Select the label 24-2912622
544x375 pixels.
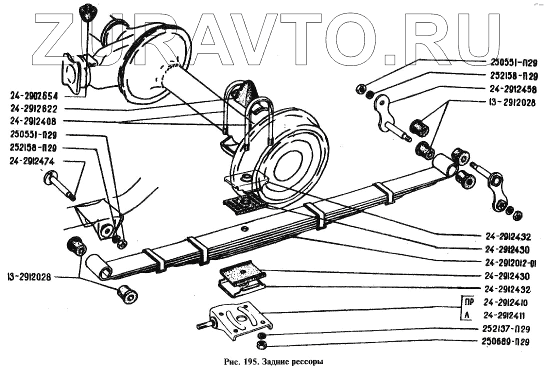33,108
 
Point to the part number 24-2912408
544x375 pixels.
33,121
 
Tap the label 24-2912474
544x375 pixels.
31,161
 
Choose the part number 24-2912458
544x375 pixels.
513,90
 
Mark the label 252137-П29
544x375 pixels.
509,328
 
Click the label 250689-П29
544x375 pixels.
509,341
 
